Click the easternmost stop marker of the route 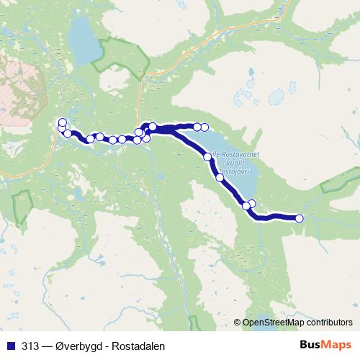(300, 218)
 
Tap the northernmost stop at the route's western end (63, 122)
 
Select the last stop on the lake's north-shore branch (204, 127)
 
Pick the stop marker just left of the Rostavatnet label (208, 156)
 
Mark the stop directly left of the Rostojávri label (220, 177)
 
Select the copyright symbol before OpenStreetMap (238, 322)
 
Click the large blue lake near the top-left (84, 43)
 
